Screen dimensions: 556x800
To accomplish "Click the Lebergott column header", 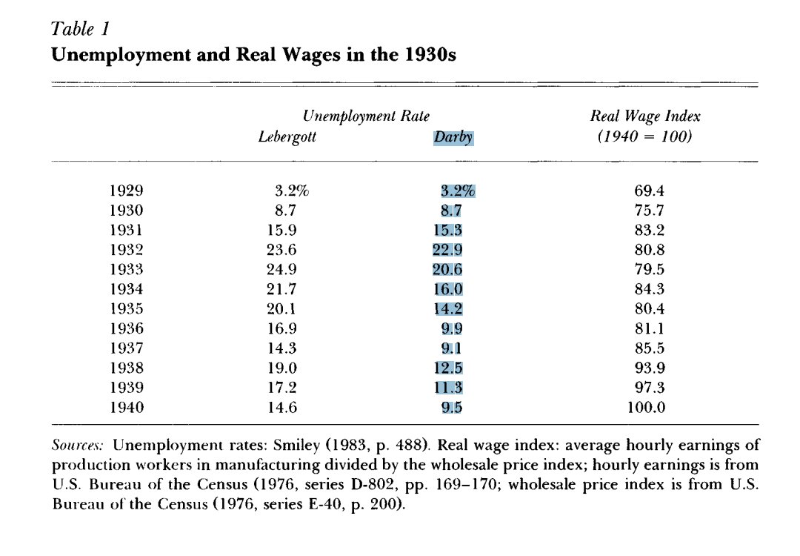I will pos(287,137).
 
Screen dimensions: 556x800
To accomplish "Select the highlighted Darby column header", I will pos(453,137).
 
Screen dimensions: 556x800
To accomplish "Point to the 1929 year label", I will pos(126,191).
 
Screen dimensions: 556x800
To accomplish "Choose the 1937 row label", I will pos(126,347).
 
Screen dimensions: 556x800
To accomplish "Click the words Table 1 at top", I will pos(79,29).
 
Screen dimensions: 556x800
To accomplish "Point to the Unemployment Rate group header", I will pos(366,116).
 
